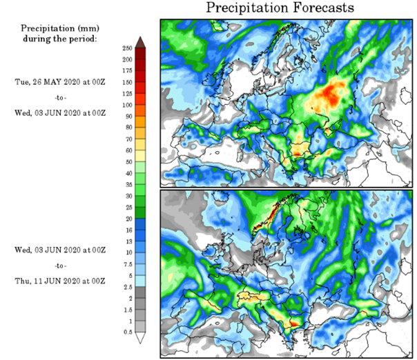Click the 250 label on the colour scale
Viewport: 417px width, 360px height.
coord(127,48)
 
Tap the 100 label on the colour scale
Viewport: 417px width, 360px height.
coord(127,105)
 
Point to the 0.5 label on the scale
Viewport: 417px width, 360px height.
coord(126,332)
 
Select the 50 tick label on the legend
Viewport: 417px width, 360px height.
coord(127,161)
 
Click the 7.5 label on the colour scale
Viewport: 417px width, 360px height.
coord(126,264)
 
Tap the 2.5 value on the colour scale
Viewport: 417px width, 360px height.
coord(126,287)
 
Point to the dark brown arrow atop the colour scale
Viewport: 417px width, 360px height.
coord(140,41)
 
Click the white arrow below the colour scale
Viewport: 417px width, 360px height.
coord(140,339)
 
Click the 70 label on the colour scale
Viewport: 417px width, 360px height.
coord(127,139)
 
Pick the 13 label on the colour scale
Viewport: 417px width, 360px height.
coord(127,230)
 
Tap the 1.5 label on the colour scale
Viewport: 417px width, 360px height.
coord(126,310)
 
